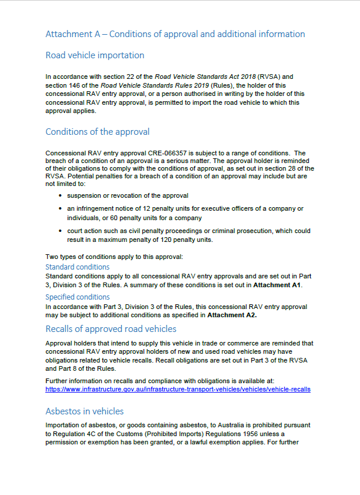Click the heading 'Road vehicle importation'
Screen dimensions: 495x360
point(95,55)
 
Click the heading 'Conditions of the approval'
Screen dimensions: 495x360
point(98,132)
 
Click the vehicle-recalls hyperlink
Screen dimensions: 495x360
point(178,389)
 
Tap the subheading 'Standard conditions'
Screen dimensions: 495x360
point(78,267)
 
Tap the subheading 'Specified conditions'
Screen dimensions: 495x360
point(78,297)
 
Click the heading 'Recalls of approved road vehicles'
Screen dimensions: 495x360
point(111,329)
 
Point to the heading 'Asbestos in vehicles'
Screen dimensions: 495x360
point(85,411)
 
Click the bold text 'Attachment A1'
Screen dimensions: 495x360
point(277,285)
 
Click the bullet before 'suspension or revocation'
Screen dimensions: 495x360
point(62,195)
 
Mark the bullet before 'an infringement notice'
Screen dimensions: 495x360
point(62,208)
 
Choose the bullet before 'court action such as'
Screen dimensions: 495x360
point(62,231)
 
